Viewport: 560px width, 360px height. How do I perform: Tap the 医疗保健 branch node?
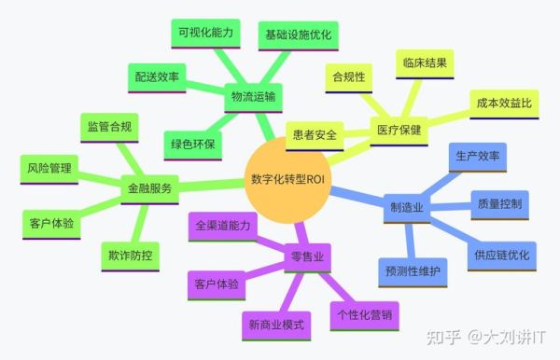399,130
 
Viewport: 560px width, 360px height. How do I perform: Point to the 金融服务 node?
149,187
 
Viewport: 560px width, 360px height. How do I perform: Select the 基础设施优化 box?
298,35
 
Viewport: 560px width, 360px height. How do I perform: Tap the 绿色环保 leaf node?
193,144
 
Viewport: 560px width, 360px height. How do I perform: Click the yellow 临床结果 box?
427,63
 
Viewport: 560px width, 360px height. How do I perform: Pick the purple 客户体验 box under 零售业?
217,284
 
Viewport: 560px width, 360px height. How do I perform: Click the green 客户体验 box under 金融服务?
52,224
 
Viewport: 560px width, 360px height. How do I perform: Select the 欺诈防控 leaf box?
128,254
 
